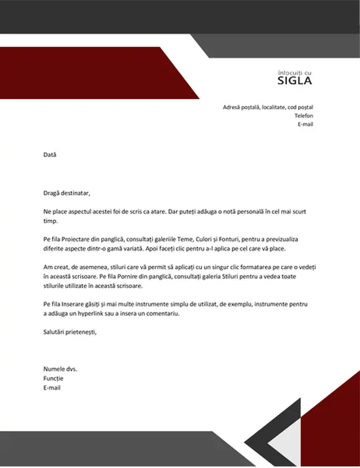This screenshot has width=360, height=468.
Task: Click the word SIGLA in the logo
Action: coord(294,81)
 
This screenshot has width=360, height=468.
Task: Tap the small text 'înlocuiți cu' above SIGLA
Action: coord(295,71)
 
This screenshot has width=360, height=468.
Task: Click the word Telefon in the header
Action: coord(304,116)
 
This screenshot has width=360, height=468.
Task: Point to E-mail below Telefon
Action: coord(306,125)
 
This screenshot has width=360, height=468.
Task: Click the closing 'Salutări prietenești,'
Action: coord(70,332)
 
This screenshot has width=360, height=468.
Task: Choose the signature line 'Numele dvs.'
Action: coord(60,369)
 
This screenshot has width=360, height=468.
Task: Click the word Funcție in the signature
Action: coord(53,378)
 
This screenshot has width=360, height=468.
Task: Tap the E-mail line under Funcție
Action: coord(52,387)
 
